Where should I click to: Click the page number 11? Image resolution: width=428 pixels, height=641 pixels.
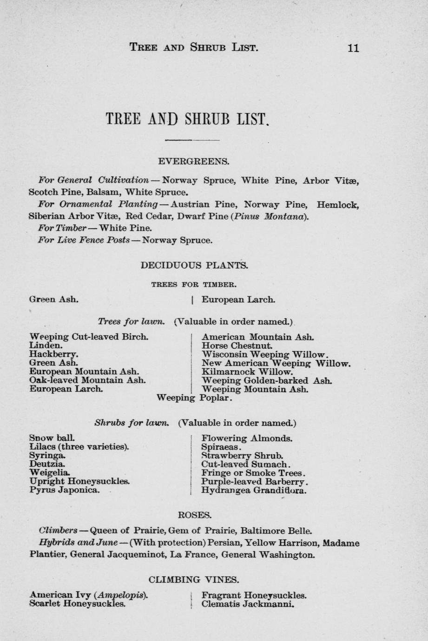[353, 48]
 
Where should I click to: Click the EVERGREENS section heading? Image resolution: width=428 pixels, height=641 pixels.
[193, 162]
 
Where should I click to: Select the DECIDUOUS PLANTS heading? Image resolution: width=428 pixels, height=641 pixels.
[194, 265]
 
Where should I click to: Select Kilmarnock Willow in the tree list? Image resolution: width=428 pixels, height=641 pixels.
[247, 372]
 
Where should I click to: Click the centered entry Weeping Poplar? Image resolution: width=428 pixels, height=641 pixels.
[194, 398]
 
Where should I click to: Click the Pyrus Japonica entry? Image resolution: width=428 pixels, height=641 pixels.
[64, 490]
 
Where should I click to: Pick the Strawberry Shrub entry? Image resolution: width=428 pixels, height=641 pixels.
[242, 455]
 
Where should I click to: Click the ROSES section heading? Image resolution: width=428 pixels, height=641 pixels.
[195, 515]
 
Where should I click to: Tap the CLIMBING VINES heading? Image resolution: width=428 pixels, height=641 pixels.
[194, 579]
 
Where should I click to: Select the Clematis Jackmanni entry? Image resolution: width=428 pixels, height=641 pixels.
[248, 604]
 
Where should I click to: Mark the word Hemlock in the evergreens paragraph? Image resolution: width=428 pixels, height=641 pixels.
[337, 204]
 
